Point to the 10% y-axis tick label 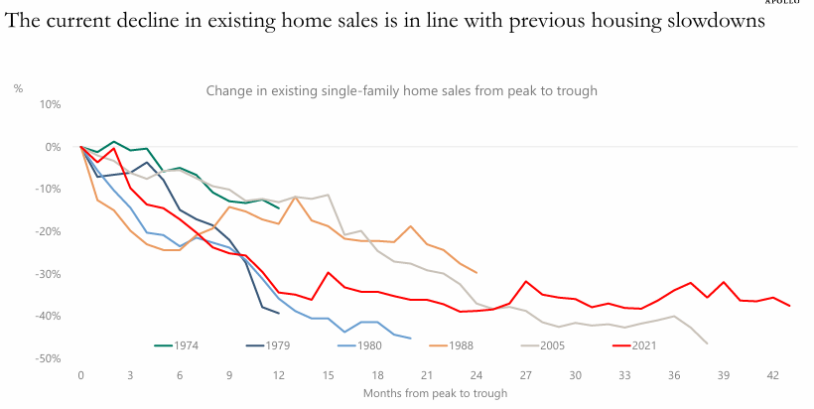click(x=50, y=104)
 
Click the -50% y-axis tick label click(x=48, y=358)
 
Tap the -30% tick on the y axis click(x=48, y=274)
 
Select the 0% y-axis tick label click(x=52, y=147)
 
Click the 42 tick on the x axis click(x=772, y=376)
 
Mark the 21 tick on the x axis click(x=426, y=376)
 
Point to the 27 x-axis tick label click(x=525, y=376)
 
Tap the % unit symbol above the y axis click(x=18, y=89)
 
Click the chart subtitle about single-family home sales click(x=401, y=91)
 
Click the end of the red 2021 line click(x=789, y=306)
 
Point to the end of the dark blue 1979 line click(x=278, y=314)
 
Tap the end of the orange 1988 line click(x=476, y=272)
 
